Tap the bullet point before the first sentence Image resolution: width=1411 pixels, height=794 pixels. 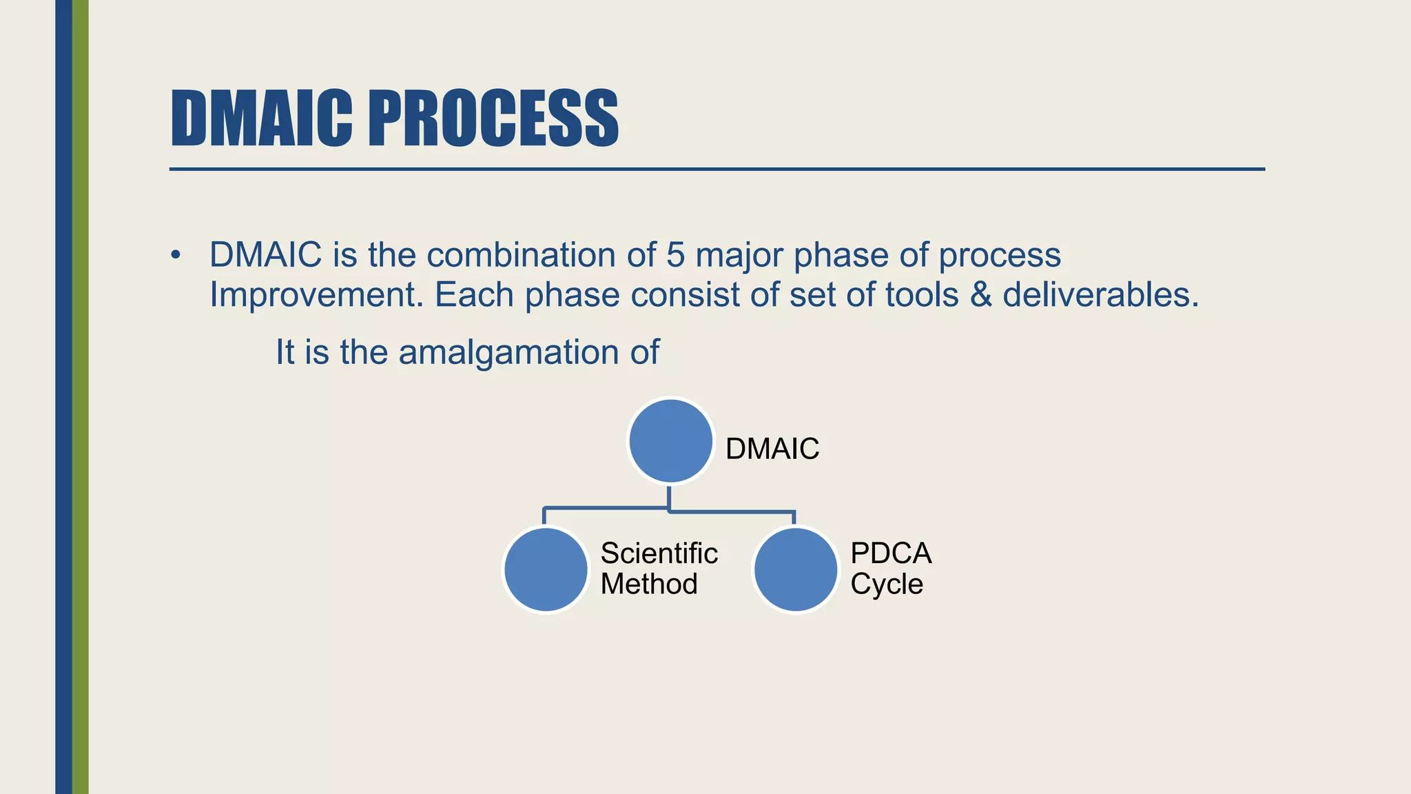tap(176, 256)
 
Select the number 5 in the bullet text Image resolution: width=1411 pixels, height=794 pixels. tap(674, 255)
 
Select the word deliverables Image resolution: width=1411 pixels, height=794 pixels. tap(1100, 296)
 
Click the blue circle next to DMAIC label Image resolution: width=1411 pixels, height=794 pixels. tap(670, 441)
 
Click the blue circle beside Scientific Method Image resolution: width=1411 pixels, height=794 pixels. tap(546, 569)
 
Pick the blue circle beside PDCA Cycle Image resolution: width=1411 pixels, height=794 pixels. tap(796, 569)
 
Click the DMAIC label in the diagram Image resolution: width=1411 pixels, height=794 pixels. tap(772, 449)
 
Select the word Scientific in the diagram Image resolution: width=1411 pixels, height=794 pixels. tap(659, 553)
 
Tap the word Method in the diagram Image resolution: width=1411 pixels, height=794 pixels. tap(649, 584)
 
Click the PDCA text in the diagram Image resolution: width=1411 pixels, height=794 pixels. tap(891, 553)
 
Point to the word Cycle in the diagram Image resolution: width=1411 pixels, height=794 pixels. tap(886, 584)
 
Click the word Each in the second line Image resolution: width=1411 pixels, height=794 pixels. tap(474, 296)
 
